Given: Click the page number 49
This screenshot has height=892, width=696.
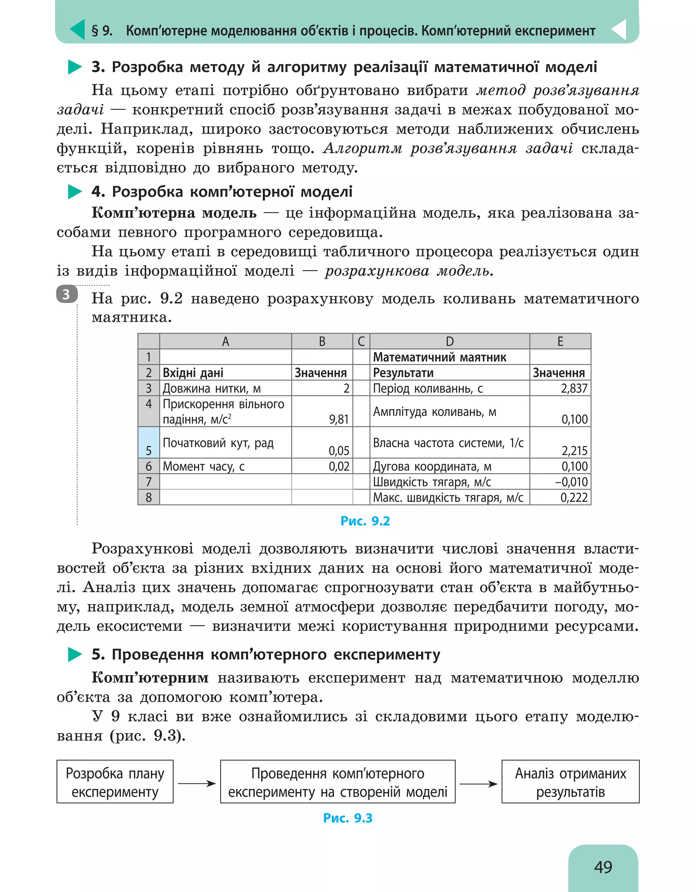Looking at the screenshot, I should point(603,867).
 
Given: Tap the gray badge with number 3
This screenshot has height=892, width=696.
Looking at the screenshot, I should point(67,294).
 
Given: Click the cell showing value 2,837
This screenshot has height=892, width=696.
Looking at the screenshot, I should point(560,388).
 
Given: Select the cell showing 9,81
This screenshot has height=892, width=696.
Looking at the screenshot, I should point(322,411).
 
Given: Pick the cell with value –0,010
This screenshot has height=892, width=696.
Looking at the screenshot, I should point(560,482).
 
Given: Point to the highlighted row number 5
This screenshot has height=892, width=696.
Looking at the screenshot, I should point(149,442).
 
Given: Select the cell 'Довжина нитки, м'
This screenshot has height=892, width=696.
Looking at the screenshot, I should point(225,388).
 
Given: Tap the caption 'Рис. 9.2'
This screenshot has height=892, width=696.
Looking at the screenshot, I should point(365,521).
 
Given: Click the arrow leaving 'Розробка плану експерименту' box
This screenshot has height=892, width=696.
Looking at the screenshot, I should point(196,783).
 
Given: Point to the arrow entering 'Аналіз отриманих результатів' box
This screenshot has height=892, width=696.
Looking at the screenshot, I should point(478,783).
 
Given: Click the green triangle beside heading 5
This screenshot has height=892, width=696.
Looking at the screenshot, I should point(75,654).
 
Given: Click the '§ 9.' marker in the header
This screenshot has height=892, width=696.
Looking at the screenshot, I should point(102,31).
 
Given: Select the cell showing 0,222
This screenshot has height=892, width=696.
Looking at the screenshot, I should point(560,497).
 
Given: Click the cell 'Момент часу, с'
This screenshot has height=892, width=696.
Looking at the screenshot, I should point(225,466).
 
